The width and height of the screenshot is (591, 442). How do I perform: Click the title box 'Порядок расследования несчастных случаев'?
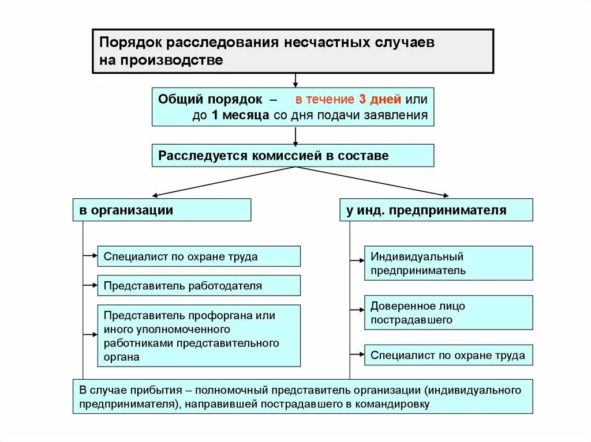pyautogui.click(x=293, y=51)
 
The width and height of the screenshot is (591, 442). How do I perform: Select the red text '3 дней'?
pyautogui.click(x=369, y=99)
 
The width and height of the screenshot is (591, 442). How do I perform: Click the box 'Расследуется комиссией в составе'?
pyautogui.click(x=293, y=156)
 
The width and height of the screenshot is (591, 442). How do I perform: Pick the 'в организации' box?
pyautogui.click(x=162, y=210)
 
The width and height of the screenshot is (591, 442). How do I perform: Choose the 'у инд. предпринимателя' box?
pyautogui.click(x=436, y=210)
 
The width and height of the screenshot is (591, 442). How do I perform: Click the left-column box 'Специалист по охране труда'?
pyautogui.click(x=199, y=256)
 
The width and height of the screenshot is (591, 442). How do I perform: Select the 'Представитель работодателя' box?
pyautogui.click(x=199, y=285)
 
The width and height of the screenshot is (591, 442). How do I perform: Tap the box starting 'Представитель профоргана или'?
pyautogui.click(x=199, y=335)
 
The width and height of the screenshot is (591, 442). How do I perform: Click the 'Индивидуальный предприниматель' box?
pyautogui.click(x=448, y=263)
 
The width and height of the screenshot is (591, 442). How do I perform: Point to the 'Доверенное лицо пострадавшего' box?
pyautogui.click(x=448, y=313)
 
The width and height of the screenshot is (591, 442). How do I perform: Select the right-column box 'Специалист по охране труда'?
pyautogui.click(x=448, y=355)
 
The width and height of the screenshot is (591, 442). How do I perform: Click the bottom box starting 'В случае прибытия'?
pyautogui.click(x=302, y=396)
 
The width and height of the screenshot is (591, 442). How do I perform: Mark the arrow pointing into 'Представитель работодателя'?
pyautogui.click(x=91, y=285)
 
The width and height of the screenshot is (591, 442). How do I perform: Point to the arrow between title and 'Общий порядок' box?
pyautogui.click(x=295, y=80)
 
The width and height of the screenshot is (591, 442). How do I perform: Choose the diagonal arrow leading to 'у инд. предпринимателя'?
pyautogui.click(x=372, y=182)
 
